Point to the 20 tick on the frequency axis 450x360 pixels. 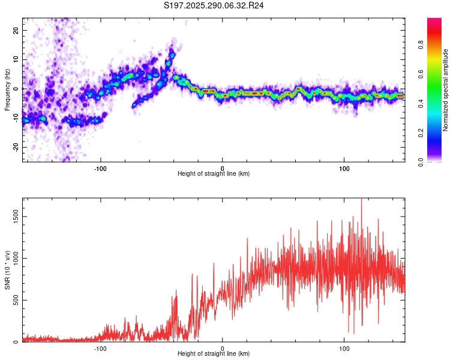click(x=16, y=30)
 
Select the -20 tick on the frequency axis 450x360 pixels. click(x=15, y=147)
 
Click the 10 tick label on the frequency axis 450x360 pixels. click(x=16, y=59)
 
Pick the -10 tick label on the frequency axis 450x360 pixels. click(x=15, y=118)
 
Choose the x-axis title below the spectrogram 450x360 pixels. click(x=214, y=174)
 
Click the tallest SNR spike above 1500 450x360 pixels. click(x=361, y=200)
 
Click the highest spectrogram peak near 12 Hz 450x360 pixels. click(x=172, y=55)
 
